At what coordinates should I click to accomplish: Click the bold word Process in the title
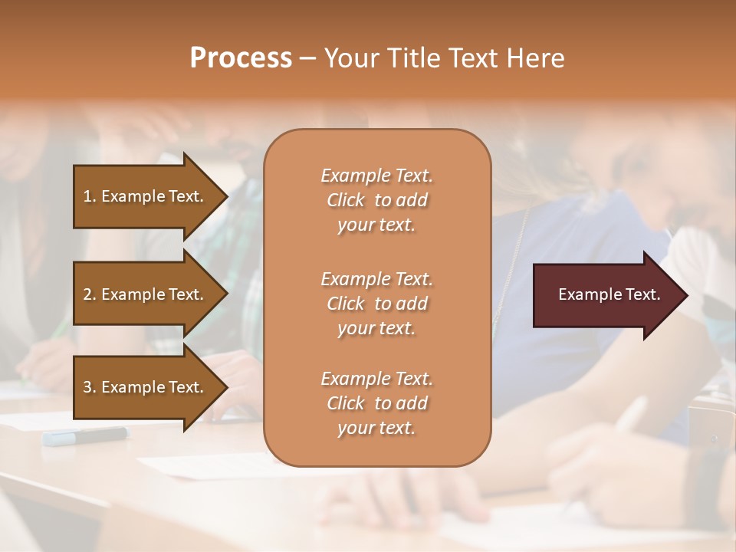pos(241,58)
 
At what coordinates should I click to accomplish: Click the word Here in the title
pos(535,58)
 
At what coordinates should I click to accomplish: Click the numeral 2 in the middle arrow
pos(87,294)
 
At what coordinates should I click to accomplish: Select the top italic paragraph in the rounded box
pos(376,200)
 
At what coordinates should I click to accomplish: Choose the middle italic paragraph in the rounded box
pos(376,304)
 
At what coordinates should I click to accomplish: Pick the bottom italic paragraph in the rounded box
pos(376,403)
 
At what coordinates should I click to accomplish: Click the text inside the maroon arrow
pos(609,294)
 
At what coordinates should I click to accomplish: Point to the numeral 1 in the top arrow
pos(87,196)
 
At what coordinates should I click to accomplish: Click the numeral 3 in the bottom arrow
pos(87,387)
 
